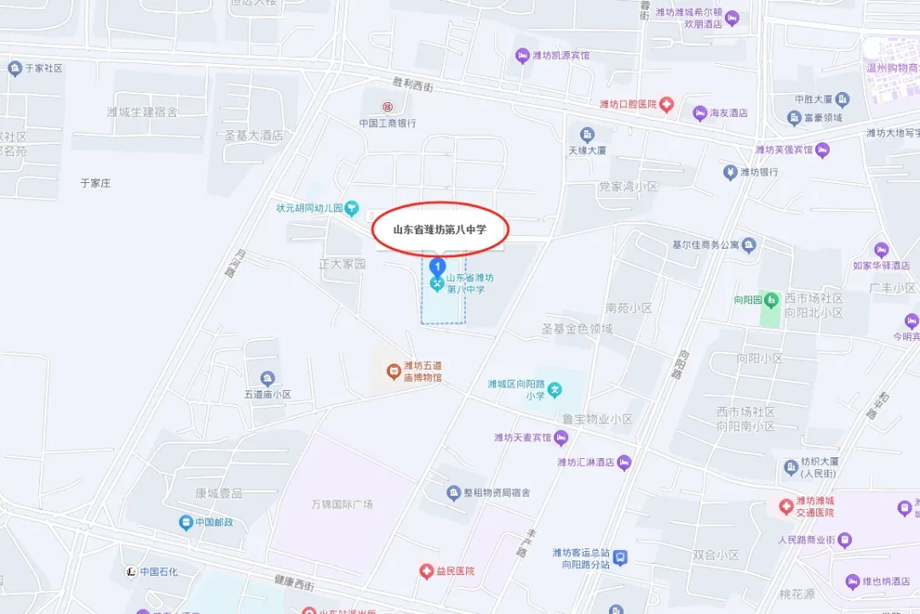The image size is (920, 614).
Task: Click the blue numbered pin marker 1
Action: [437, 267]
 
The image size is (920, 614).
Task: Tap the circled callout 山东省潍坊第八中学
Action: [440, 229]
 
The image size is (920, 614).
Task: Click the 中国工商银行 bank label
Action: [388, 123]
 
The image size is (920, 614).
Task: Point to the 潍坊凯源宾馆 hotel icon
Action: [522, 56]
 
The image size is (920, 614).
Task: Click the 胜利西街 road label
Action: [412, 85]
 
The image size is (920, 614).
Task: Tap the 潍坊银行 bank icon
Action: [730, 172]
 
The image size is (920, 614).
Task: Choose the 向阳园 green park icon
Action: [771, 300]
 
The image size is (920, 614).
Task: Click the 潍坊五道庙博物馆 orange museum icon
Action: [393, 370]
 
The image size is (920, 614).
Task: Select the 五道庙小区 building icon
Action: [267, 378]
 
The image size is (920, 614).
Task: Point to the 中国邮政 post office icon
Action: [185, 523]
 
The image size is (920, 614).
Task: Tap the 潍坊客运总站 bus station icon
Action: [622, 557]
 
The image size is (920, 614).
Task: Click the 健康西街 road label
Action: [294, 583]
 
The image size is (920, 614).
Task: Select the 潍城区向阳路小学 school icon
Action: [555, 391]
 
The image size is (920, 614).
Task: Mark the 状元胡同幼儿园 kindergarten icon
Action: [352, 209]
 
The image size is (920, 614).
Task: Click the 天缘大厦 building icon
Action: [587, 135]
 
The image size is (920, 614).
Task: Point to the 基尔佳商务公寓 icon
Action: [749, 246]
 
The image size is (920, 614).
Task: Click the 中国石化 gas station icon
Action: [130, 571]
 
